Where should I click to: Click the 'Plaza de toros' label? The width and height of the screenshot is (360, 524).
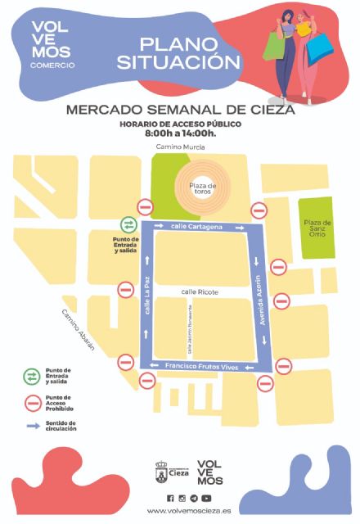[x=202, y=190]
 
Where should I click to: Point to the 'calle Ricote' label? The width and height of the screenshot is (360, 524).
[x=197, y=291]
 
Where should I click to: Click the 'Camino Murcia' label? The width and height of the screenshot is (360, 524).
[x=181, y=147]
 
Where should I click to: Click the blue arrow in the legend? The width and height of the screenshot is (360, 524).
[x=34, y=427]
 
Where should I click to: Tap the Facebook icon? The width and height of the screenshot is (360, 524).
[x=170, y=498]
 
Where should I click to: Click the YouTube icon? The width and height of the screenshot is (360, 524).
[x=206, y=498]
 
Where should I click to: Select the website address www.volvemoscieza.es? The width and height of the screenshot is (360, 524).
[x=188, y=510]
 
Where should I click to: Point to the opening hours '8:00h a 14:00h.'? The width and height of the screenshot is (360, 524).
[x=180, y=133]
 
